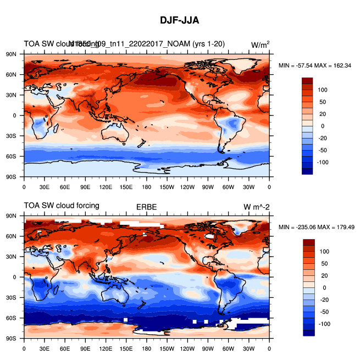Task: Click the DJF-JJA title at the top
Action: click(179, 20)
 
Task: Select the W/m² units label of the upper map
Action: click(260, 45)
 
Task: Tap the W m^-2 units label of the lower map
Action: click(257, 207)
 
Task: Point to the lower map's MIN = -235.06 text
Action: click(297, 227)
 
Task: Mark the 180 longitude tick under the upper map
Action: click(147, 187)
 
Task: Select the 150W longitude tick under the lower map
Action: click(167, 348)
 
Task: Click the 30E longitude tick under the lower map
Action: click(44, 348)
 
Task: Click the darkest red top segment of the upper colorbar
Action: click(307, 81)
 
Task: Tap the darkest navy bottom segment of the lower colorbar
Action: click(307, 333)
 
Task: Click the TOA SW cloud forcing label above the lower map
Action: click(61, 206)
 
